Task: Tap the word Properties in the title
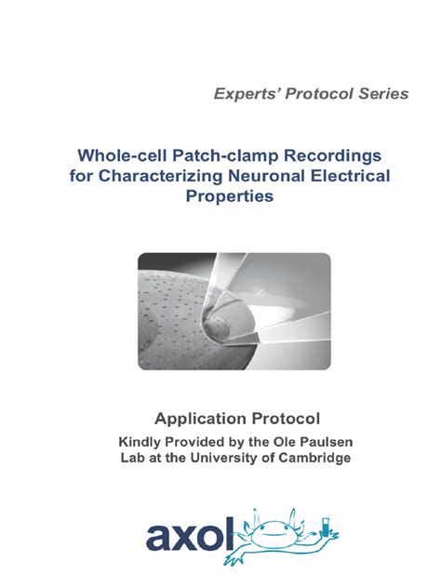220,196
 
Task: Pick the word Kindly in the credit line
140,442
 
